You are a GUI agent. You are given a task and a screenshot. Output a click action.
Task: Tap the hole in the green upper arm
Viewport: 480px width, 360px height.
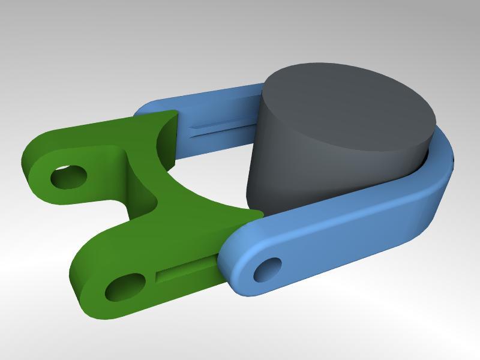pos(68,177)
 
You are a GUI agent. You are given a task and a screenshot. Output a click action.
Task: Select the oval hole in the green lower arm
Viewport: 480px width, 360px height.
pos(125,288)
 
